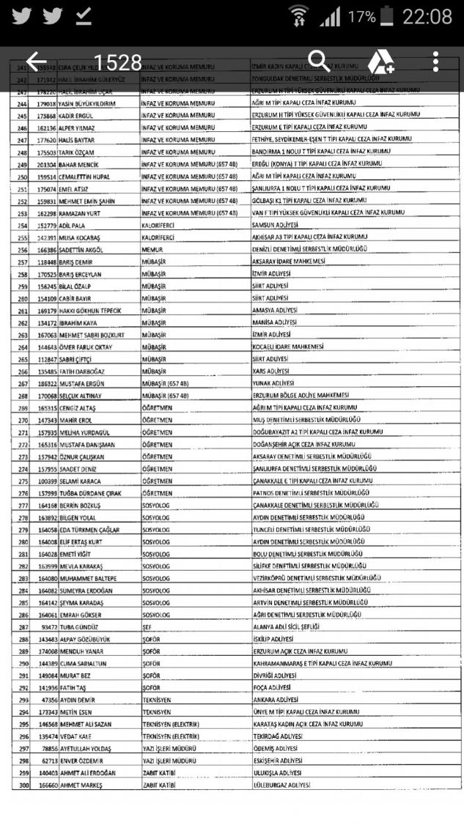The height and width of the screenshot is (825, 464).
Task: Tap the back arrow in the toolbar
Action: tap(35, 62)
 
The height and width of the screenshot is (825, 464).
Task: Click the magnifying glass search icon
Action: tap(319, 62)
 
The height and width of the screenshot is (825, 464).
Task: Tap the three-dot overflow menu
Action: tap(435, 62)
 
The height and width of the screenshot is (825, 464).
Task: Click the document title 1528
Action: tap(118, 62)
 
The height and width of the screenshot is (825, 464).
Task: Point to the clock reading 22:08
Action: tap(427, 16)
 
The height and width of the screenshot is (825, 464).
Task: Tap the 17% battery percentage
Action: tap(362, 16)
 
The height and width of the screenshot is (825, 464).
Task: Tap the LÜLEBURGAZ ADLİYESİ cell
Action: tap(281, 785)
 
